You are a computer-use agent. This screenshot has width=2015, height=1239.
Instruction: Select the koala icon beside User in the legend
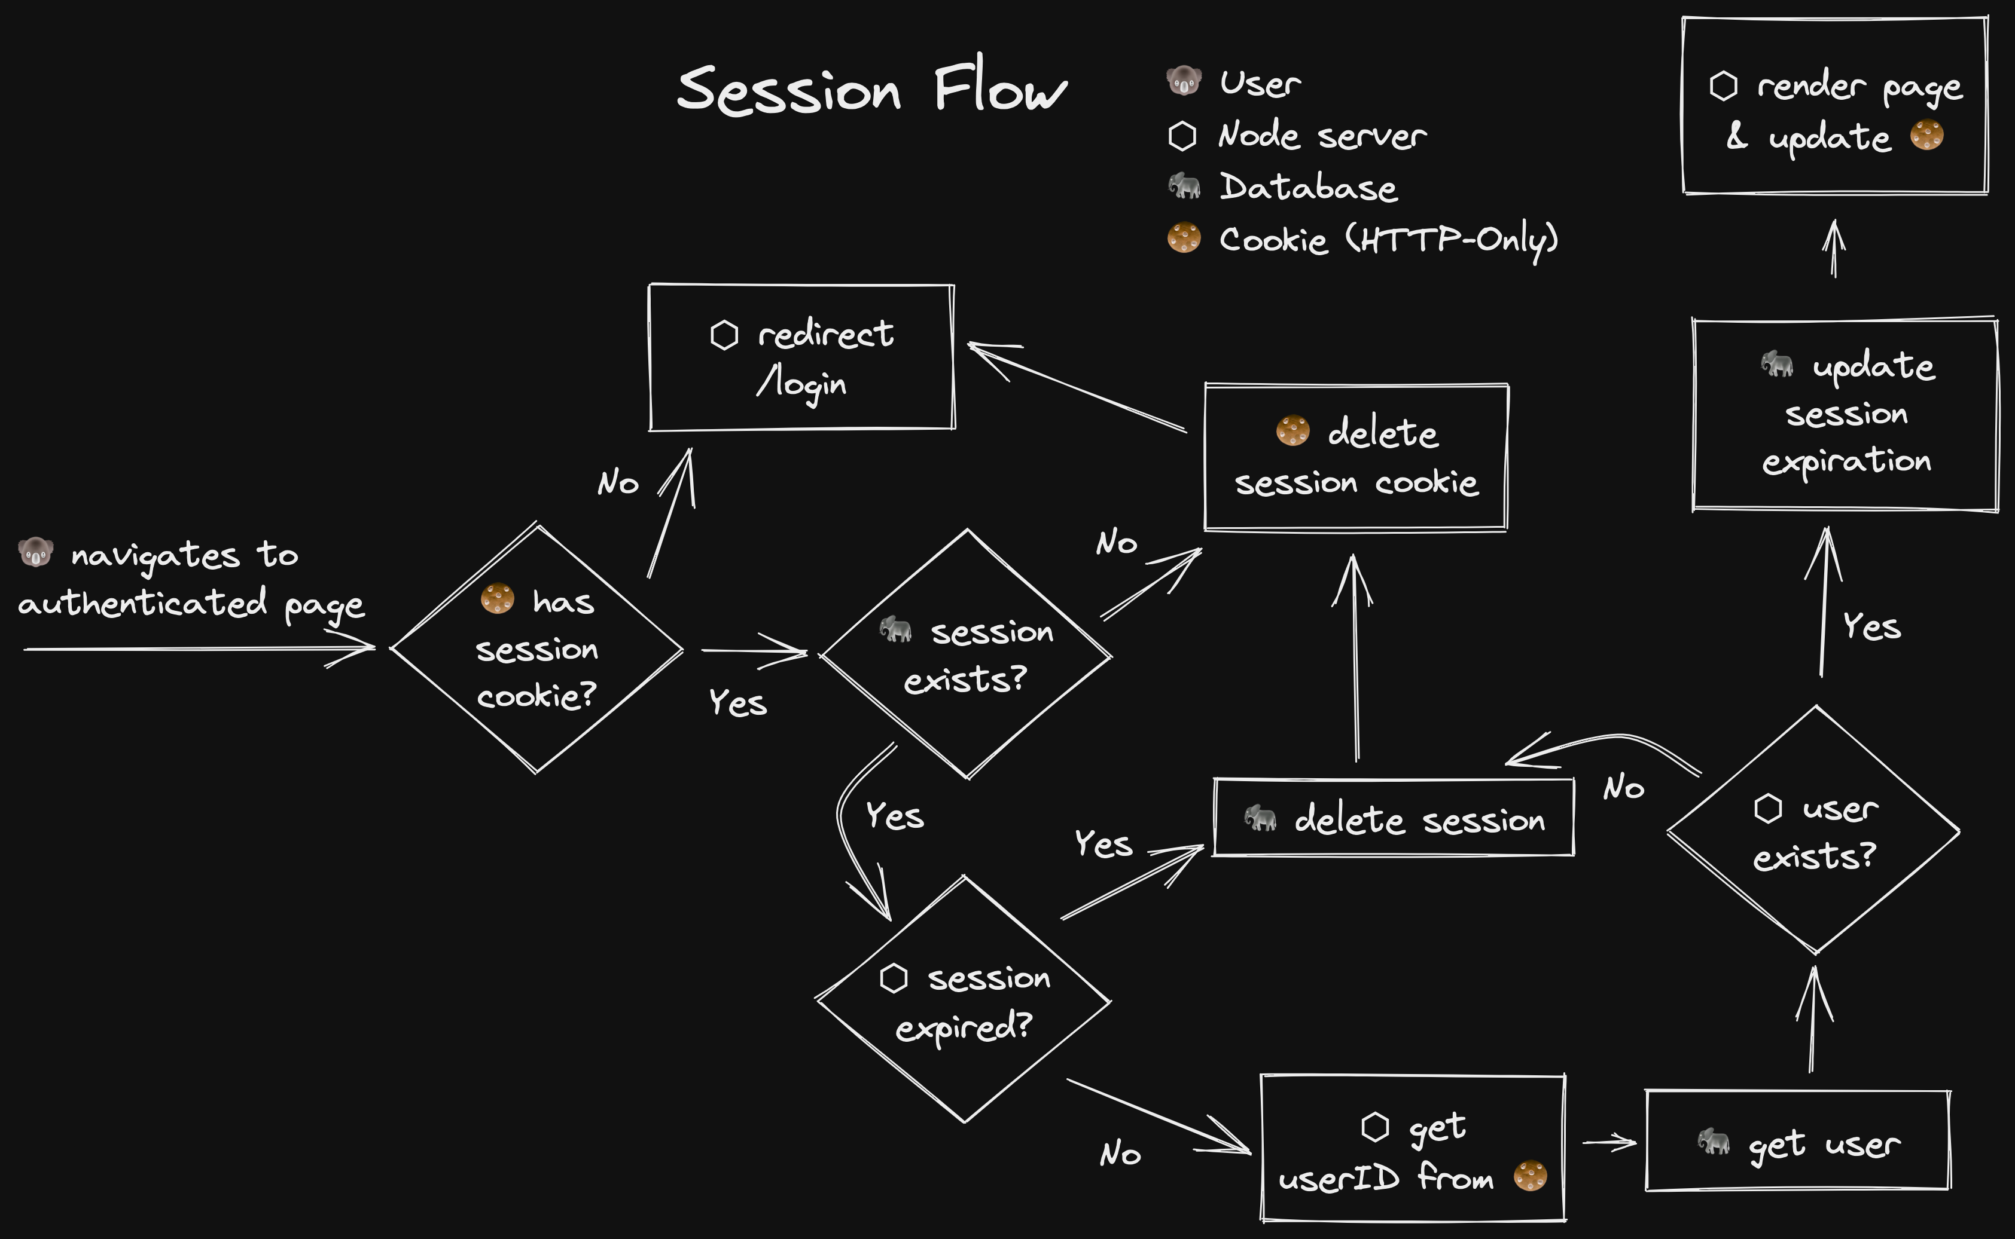coord(1184,81)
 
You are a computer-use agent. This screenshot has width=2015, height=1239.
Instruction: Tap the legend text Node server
coord(1321,135)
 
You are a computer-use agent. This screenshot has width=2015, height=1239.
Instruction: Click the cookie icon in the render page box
coord(1926,135)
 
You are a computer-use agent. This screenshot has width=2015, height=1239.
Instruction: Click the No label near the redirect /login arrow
coord(617,483)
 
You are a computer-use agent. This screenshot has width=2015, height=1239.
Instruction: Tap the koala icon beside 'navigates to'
coord(35,553)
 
